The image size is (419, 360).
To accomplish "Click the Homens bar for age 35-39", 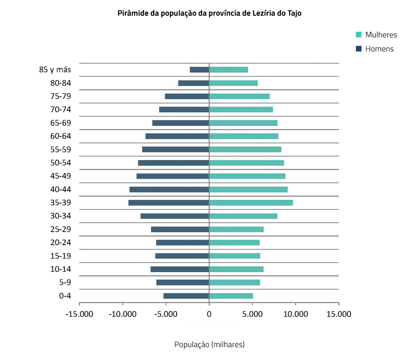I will coord(169,203).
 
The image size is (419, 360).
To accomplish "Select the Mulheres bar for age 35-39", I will coord(251,203).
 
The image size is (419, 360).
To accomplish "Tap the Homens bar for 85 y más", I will coord(199,70).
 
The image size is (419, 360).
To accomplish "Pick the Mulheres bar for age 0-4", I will coord(231,296).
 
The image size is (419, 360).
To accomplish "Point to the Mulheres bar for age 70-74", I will coord(241,109).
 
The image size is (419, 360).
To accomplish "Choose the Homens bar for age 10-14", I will coord(180,269).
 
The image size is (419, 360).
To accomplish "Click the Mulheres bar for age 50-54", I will coord(246,163).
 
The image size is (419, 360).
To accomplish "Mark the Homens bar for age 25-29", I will coord(180,229).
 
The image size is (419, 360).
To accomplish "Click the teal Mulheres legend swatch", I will coord(359,35).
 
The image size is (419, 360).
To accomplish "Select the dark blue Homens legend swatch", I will coord(359,49).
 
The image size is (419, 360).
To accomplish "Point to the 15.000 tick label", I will coord(339,314).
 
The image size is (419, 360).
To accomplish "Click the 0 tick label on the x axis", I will coord(209,314).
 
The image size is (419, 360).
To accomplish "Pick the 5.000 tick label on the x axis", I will coord(252,314).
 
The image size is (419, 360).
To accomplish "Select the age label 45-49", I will coord(61,176).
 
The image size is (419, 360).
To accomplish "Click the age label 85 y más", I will coord(55,70).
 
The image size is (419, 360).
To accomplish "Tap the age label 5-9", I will coord(65,283).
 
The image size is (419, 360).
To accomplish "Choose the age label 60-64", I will coord(61,136).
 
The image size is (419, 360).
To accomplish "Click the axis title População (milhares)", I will coord(209,345).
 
